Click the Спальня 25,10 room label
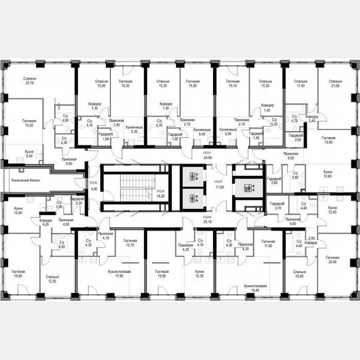(x=30, y=81)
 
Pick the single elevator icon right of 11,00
(x=249, y=188)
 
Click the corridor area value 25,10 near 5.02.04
(x=207, y=222)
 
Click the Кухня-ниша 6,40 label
(x=202, y=132)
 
